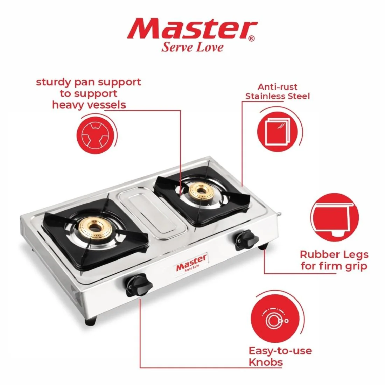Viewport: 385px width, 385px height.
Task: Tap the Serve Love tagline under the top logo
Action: (x=192, y=47)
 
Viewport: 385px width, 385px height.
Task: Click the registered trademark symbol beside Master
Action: (x=252, y=38)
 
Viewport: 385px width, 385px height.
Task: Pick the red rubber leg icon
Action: (x=334, y=218)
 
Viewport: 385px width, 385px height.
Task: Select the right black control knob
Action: (x=246, y=240)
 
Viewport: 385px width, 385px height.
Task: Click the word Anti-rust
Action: (x=278, y=87)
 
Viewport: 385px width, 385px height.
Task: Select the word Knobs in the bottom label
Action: (x=265, y=362)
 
